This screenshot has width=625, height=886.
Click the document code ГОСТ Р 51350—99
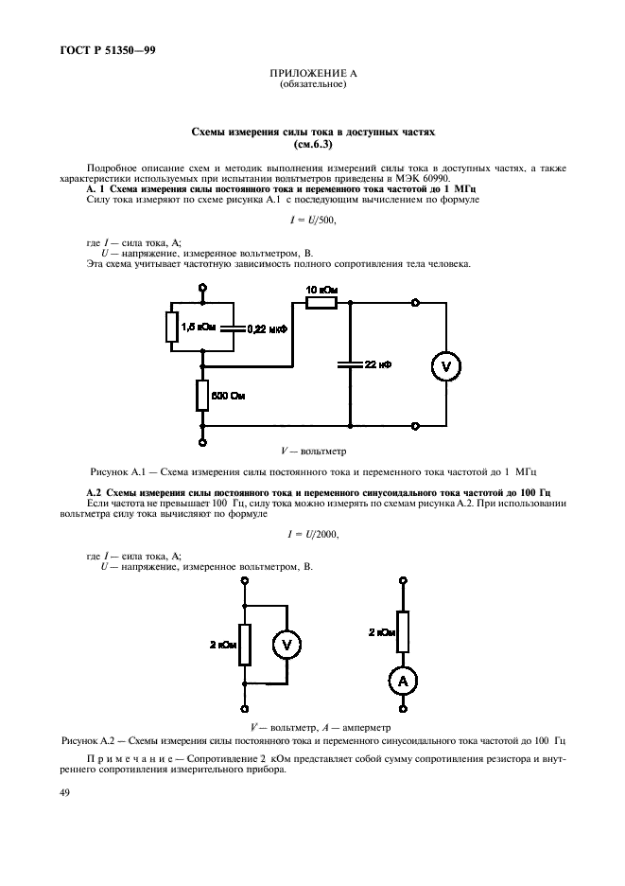click(x=107, y=50)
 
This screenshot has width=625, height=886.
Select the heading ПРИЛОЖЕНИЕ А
click(x=313, y=74)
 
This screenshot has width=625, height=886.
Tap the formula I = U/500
click(x=313, y=221)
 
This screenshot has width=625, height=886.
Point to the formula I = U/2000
click(x=313, y=534)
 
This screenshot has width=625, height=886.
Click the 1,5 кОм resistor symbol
click(x=172, y=328)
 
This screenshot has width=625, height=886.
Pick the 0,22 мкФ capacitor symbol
click(x=233, y=328)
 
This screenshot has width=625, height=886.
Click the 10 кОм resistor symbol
click(x=321, y=303)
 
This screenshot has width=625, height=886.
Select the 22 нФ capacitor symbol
click(x=350, y=365)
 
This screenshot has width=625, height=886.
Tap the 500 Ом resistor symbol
click(x=202, y=396)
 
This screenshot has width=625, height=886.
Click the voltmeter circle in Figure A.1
click(x=446, y=366)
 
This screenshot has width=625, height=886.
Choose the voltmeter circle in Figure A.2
click(x=286, y=645)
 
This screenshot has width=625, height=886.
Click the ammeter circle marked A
click(x=403, y=681)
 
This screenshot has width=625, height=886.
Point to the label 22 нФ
click(x=378, y=365)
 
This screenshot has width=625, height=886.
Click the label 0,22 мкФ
click(x=268, y=328)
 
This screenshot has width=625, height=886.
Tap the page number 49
click(x=64, y=793)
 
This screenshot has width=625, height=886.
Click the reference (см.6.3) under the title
click(x=313, y=144)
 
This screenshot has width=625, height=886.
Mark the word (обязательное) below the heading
click(x=313, y=85)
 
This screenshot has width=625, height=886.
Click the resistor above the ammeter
click(x=403, y=631)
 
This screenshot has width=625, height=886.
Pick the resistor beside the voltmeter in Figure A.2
click(x=245, y=645)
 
